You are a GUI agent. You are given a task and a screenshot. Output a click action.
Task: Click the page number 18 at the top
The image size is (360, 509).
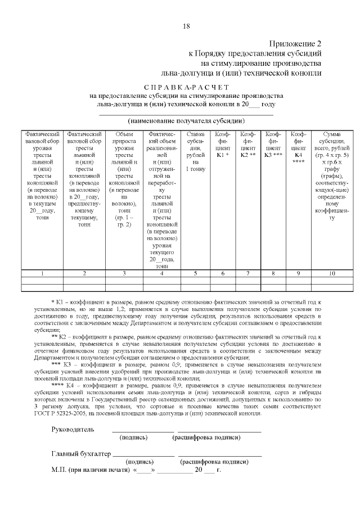[x=187, y=26]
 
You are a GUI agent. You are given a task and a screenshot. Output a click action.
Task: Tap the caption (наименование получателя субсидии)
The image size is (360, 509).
[x=186, y=121]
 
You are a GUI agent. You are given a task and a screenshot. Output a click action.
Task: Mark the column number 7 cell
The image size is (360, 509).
[x=248, y=273]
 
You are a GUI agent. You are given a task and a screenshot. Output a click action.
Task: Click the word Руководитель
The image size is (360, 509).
[x=73, y=429]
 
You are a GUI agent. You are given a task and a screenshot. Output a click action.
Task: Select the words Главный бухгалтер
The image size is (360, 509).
[x=82, y=453]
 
